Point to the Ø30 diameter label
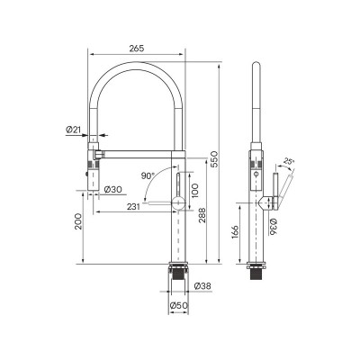coord(113,189)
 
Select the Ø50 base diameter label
coord(179,307)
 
